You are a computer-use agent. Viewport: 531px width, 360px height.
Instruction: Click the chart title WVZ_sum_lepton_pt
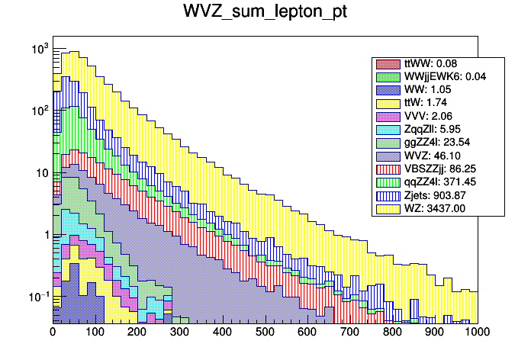point(265,13)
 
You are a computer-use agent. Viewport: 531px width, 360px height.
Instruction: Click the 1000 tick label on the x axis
point(477,332)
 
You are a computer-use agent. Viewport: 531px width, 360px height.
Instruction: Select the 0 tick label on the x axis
point(53,332)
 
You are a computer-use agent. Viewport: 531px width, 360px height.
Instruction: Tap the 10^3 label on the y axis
point(39,50)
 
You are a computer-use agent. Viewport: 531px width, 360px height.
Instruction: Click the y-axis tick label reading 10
point(41,173)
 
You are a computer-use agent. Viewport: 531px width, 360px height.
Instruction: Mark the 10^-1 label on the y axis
point(39,296)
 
